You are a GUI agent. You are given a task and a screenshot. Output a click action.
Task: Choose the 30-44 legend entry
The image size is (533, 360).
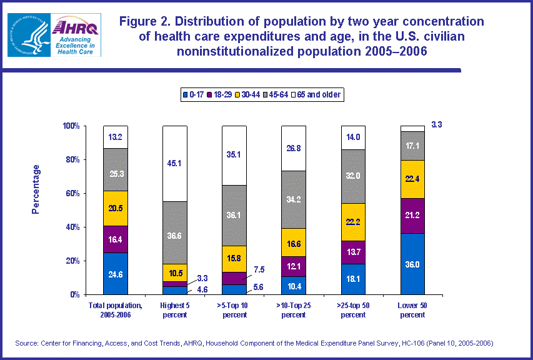pyautogui.click(x=254, y=95)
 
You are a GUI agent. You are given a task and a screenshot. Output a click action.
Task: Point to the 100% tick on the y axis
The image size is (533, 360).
pyautogui.click(x=71, y=126)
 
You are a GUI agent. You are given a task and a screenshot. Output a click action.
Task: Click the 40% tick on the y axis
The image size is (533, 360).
pyautogui.click(x=72, y=227)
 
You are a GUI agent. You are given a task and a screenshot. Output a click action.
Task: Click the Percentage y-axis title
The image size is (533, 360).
pyautogui.click(x=36, y=189)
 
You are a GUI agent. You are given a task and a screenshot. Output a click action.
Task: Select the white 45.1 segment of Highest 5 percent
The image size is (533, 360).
pyautogui.click(x=175, y=164)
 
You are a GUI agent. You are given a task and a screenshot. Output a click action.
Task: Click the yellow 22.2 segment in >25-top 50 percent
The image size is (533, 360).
pyautogui.click(x=353, y=222)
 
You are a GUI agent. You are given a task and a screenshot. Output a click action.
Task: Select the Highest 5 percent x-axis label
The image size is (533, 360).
pyautogui.click(x=175, y=310)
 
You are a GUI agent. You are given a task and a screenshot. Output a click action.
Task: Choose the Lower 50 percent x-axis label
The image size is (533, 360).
pyautogui.click(x=412, y=310)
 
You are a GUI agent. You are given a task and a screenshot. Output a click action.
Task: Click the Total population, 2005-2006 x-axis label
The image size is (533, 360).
pyautogui.click(x=116, y=310)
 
